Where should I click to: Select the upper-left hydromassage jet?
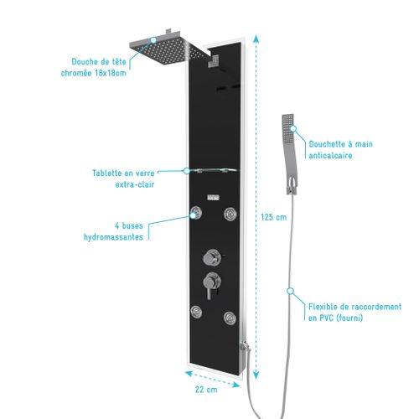point(196,213)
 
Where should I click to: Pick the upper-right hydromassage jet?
point(230,214)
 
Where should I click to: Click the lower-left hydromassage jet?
point(196,311)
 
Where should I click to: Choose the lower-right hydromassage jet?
point(230,318)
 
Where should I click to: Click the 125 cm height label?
point(274,217)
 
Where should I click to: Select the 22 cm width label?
point(206,390)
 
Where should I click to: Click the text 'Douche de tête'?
point(99,62)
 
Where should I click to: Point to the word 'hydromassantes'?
point(113,237)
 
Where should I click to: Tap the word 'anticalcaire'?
point(330,155)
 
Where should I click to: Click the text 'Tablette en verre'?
point(123,173)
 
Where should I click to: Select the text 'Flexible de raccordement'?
point(354,307)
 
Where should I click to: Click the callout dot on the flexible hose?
point(291,292)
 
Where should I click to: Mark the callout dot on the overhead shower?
point(153,40)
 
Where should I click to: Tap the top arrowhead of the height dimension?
point(256,39)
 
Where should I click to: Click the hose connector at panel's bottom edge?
point(246,346)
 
